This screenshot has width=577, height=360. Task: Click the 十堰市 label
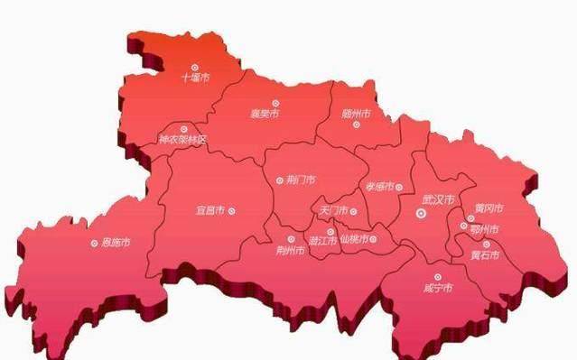pyautogui.click(x=195, y=78)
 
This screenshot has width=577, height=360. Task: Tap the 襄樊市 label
pyautogui.click(x=264, y=115)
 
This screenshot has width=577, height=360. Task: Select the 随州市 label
pyautogui.click(x=357, y=114)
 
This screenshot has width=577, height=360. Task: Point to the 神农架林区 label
pyautogui.click(x=182, y=140)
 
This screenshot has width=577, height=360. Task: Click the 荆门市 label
pyautogui.click(x=300, y=180)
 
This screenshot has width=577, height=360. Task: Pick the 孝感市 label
pyautogui.click(x=379, y=187)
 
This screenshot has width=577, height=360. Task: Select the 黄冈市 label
pyautogui.click(x=489, y=208)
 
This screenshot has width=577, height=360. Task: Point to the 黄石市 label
pyautogui.click(x=486, y=254)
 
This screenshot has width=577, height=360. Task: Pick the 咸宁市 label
pyautogui.click(x=438, y=289)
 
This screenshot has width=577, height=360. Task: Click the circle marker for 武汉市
pyautogui.click(x=422, y=213)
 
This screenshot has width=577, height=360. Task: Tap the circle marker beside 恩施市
pyautogui.click(x=94, y=243)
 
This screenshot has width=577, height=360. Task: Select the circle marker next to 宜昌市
pyautogui.click(x=233, y=211)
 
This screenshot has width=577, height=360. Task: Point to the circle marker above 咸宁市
pyautogui.click(x=438, y=277)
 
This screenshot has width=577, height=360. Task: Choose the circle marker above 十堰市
pyautogui.click(x=195, y=66)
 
